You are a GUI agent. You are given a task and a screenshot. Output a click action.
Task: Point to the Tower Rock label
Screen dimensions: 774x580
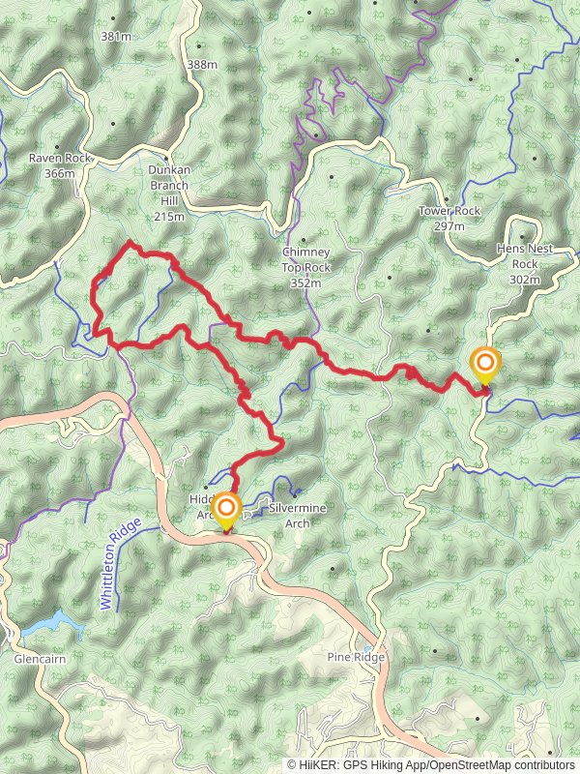click(449, 211)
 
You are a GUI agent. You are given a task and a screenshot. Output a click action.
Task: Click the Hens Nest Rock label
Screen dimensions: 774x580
click(525, 255)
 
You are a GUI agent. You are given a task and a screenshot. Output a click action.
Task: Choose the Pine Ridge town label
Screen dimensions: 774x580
click(356, 658)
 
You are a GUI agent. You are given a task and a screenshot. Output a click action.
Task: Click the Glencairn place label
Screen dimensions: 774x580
click(39, 659)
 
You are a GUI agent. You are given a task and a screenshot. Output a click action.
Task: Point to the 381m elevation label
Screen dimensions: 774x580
click(115, 37)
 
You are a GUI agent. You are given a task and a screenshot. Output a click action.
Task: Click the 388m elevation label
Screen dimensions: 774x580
click(201, 64)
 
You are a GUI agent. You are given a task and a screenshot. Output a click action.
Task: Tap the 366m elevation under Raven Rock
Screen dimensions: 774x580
click(59, 173)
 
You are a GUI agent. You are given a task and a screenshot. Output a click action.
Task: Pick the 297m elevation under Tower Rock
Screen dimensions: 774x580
click(449, 225)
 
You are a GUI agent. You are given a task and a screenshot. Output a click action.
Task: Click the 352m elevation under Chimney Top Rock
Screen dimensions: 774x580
click(305, 283)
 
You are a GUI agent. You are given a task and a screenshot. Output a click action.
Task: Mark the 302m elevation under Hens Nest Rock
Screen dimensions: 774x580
click(525, 279)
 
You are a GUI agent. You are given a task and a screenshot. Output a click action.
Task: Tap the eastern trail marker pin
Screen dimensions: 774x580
click(485, 365)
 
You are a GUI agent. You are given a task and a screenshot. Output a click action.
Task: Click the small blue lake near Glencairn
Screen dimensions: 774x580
click(47, 623)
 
